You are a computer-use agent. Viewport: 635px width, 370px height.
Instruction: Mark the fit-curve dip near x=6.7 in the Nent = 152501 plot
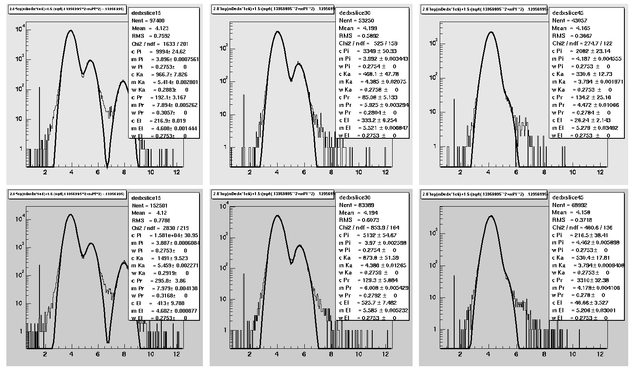point(108,342)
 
